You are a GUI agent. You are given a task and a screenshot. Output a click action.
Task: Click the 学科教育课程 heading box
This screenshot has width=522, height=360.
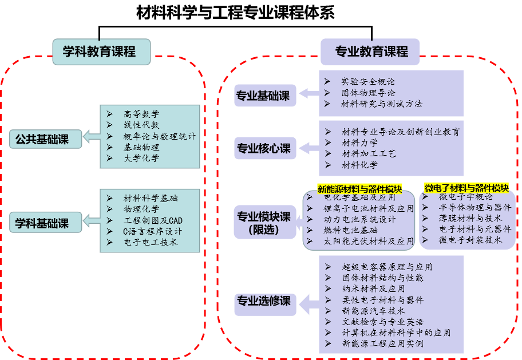[101, 52]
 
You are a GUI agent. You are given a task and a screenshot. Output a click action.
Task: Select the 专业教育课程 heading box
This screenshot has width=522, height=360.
[371, 52]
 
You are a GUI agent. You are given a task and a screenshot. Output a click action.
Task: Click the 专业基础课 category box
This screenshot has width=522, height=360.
[264, 95]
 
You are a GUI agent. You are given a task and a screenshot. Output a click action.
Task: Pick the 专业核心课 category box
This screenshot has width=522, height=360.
[264, 149]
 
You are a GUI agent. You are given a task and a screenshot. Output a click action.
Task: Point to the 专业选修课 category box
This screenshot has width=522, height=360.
[264, 301]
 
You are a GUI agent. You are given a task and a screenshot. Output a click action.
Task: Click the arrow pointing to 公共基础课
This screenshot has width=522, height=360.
[90, 137]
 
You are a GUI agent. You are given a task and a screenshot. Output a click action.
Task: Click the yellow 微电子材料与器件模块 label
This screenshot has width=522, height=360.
[466, 188]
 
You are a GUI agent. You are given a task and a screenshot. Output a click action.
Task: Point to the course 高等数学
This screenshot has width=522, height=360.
[141, 114]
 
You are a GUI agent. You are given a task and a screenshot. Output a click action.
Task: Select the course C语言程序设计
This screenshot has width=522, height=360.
[152, 231]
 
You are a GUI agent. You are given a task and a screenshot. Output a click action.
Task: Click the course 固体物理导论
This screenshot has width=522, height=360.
[368, 93]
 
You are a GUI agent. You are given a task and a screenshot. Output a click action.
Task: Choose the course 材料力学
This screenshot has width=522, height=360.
[359, 143]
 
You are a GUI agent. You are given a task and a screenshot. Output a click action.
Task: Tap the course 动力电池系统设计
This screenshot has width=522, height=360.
[359, 219]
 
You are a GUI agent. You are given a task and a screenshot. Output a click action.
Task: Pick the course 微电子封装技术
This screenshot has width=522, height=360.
[469, 240]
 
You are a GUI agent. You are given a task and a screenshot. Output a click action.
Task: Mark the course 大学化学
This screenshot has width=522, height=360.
[141, 159]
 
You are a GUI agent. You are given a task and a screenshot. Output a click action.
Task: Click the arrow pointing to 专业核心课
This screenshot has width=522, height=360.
[308, 149]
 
